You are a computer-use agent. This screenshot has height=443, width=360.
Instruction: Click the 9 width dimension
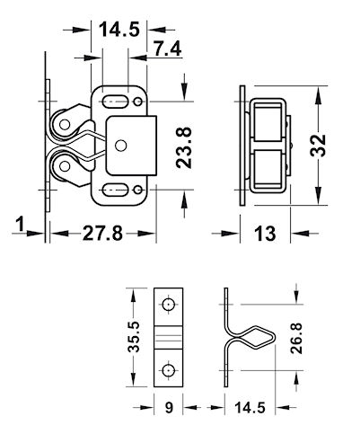point(169,409)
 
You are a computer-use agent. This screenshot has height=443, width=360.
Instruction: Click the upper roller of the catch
point(66,120)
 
